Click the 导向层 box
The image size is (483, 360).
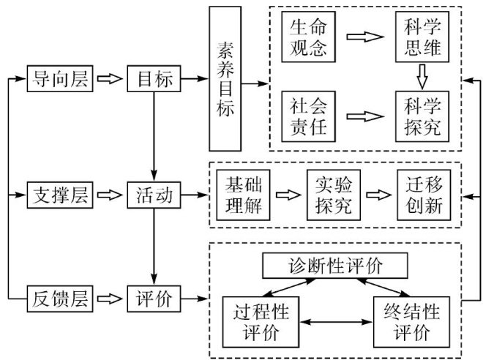point(61,78)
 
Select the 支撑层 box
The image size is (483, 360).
point(61,195)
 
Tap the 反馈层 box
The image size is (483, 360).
point(61,299)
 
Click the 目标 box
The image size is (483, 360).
point(154,78)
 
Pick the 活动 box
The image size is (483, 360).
point(154,195)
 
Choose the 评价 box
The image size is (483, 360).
point(154,299)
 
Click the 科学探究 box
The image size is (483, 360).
point(421,116)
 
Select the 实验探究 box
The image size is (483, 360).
point(329,195)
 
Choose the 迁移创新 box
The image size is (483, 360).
point(420,195)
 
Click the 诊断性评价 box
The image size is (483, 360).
point(334,265)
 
